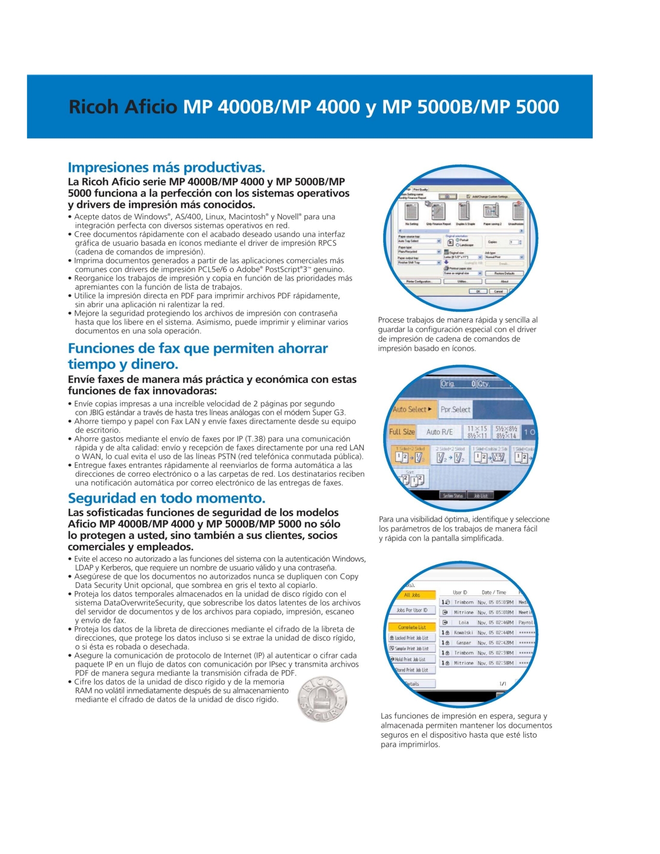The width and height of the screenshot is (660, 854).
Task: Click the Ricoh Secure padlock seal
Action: pos(322,699)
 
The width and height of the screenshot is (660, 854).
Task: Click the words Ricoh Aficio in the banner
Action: pos(123,107)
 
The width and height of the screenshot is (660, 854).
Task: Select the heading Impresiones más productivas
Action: pos(166,168)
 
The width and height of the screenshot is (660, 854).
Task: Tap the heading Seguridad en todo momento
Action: pos(166,498)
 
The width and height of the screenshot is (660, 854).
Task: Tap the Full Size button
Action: pos(402,432)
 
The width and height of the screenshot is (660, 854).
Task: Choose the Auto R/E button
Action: pos(439,432)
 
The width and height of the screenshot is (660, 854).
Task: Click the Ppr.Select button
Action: pos(455,409)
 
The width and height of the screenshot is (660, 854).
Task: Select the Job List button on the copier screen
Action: pos(480,495)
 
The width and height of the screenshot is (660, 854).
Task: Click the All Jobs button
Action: pos(412,595)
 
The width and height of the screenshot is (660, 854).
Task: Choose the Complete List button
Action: pos(412,627)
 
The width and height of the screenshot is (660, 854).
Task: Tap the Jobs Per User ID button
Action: pos(412,610)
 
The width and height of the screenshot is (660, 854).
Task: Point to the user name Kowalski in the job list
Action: pos(463,632)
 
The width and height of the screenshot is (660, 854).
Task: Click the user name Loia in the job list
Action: pos(463,623)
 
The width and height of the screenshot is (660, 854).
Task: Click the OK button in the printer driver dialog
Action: pos(478,291)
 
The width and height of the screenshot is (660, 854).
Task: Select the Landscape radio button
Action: pos(458,245)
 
